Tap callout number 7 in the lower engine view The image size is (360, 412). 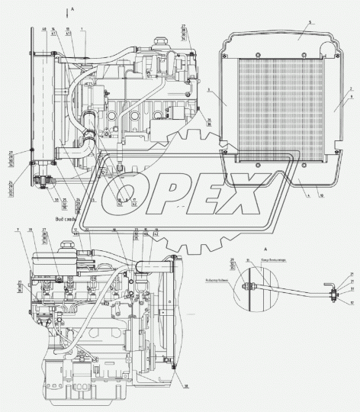pos(16,230)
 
